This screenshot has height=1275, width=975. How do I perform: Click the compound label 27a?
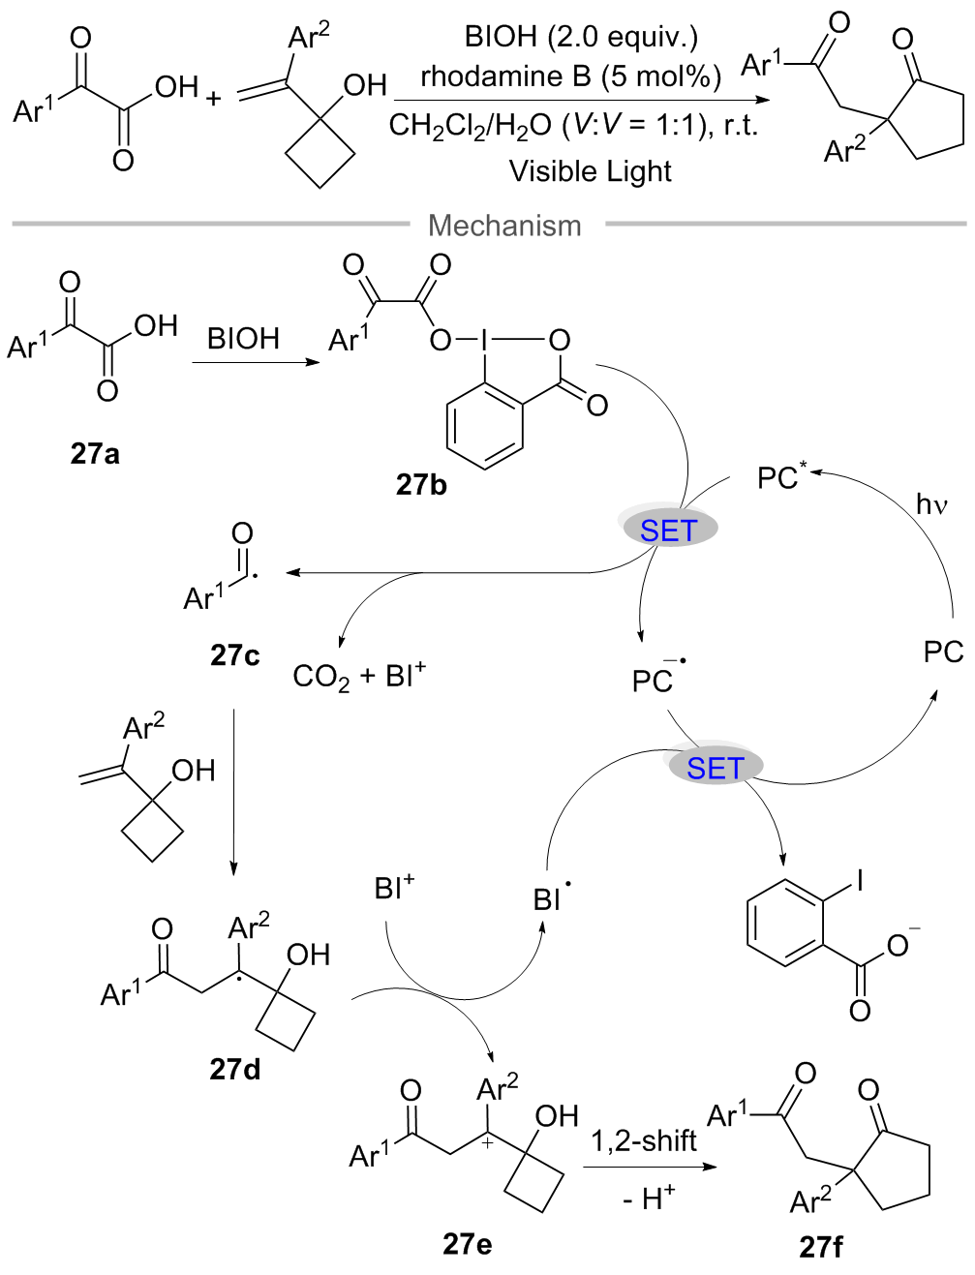(95, 453)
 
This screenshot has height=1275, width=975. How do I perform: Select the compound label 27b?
(421, 484)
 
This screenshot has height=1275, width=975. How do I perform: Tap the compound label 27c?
(234, 655)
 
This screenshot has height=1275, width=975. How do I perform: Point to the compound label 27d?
(234, 1069)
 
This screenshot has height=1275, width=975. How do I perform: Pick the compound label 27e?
(467, 1243)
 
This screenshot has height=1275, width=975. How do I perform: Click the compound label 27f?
(820, 1246)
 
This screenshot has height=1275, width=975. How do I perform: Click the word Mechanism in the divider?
(504, 226)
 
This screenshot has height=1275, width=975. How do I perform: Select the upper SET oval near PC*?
(668, 531)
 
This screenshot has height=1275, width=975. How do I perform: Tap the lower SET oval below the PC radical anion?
(715, 768)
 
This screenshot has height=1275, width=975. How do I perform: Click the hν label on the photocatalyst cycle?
(930, 504)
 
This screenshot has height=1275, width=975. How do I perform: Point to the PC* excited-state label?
(781, 477)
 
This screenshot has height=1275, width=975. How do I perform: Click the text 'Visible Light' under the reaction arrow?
(590, 171)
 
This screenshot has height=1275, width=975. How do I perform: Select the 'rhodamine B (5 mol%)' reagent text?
(571, 76)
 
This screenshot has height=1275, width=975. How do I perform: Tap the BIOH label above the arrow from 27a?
(243, 339)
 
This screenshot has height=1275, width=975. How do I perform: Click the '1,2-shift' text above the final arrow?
(644, 1141)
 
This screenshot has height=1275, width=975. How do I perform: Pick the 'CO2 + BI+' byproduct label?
(359, 675)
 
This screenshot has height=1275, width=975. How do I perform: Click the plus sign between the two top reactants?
(214, 98)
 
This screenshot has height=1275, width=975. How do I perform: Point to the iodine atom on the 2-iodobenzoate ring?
(859, 880)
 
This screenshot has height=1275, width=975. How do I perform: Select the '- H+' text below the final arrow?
(649, 1199)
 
